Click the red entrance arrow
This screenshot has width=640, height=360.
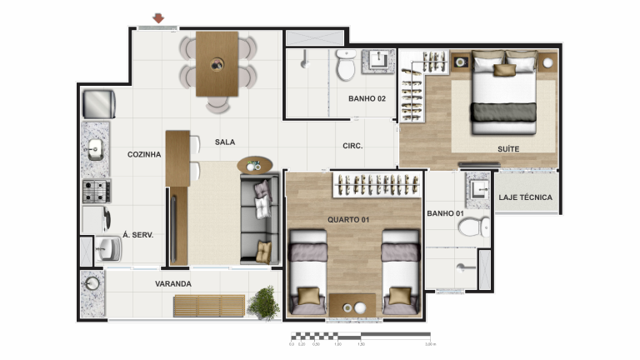click(x=158, y=17)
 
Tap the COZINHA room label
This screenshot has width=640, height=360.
click(x=144, y=154)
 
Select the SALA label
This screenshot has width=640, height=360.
click(x=224, y=142)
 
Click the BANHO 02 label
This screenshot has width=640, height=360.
click(x=367, y=98)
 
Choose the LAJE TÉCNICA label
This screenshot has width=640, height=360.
click(x=525, y=197)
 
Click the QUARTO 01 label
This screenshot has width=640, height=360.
click(x=348, y=219)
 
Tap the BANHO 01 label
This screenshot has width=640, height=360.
click(x=445, y=214)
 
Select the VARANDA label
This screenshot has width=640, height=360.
click(x=173, y=284)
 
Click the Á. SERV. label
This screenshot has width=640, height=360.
click(x=137, y=235)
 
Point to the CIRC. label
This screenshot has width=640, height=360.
click(x=352, y=146)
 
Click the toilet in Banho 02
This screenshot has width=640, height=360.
click(x=346, y=66)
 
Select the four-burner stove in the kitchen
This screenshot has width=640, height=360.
click(x=96, y=191)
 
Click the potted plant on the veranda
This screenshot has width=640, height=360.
click(x=263, y=302)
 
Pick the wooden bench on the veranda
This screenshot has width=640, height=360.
click(x=208, y=306)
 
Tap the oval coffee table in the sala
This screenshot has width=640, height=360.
click(x=254, y=165)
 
